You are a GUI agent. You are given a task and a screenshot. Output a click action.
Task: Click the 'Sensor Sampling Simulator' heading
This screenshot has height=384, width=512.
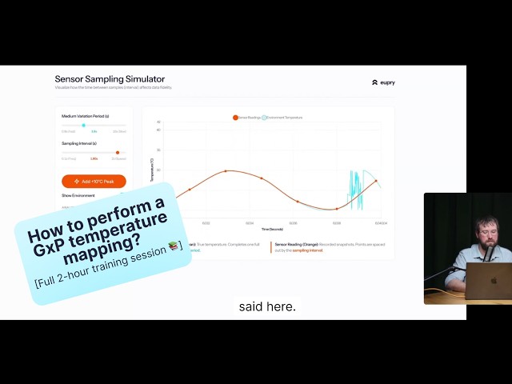coord(110,79)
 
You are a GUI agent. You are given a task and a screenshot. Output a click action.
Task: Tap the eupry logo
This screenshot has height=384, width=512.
coord(383,82)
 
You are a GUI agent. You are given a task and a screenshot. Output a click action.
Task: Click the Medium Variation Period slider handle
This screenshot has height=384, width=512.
coord(83,125)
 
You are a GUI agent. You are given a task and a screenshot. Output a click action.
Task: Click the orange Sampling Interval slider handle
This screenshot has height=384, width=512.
coord(118,152)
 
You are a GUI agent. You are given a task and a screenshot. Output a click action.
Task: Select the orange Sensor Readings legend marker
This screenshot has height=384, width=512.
coord(235,118)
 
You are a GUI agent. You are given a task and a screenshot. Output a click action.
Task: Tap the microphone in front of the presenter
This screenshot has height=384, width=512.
coord(486,254)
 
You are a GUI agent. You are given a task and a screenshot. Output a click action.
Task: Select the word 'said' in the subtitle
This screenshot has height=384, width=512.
coord(252,306)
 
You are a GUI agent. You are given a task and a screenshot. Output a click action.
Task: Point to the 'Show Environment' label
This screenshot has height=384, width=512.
coord(78,195)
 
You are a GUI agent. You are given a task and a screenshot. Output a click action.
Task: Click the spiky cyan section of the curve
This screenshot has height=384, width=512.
coord(353,189)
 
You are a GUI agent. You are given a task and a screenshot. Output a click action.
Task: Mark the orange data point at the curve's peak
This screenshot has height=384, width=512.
coord(226,171)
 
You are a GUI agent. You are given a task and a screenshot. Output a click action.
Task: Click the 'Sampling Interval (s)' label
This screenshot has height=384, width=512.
coord(78,143)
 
